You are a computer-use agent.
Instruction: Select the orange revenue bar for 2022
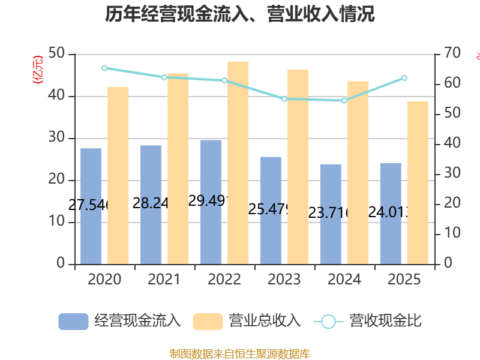(x=238, y=162)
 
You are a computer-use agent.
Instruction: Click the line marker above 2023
(x=284, y=98)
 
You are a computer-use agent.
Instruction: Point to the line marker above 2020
(x=104, y=68)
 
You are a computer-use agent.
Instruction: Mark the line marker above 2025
(x=404, y=78)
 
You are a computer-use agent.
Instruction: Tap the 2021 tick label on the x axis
(x=164, y=280)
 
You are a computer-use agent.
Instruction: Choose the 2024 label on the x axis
(x=344, y=280)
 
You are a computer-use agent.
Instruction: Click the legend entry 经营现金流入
(x=120, y=321)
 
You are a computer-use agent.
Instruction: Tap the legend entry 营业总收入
(x=247, y=321)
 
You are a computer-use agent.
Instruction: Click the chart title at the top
(x=240, y=14)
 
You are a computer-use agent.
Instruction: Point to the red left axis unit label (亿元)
(x=38, y=69)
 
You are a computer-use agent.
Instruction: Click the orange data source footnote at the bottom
(x=240, y=353)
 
